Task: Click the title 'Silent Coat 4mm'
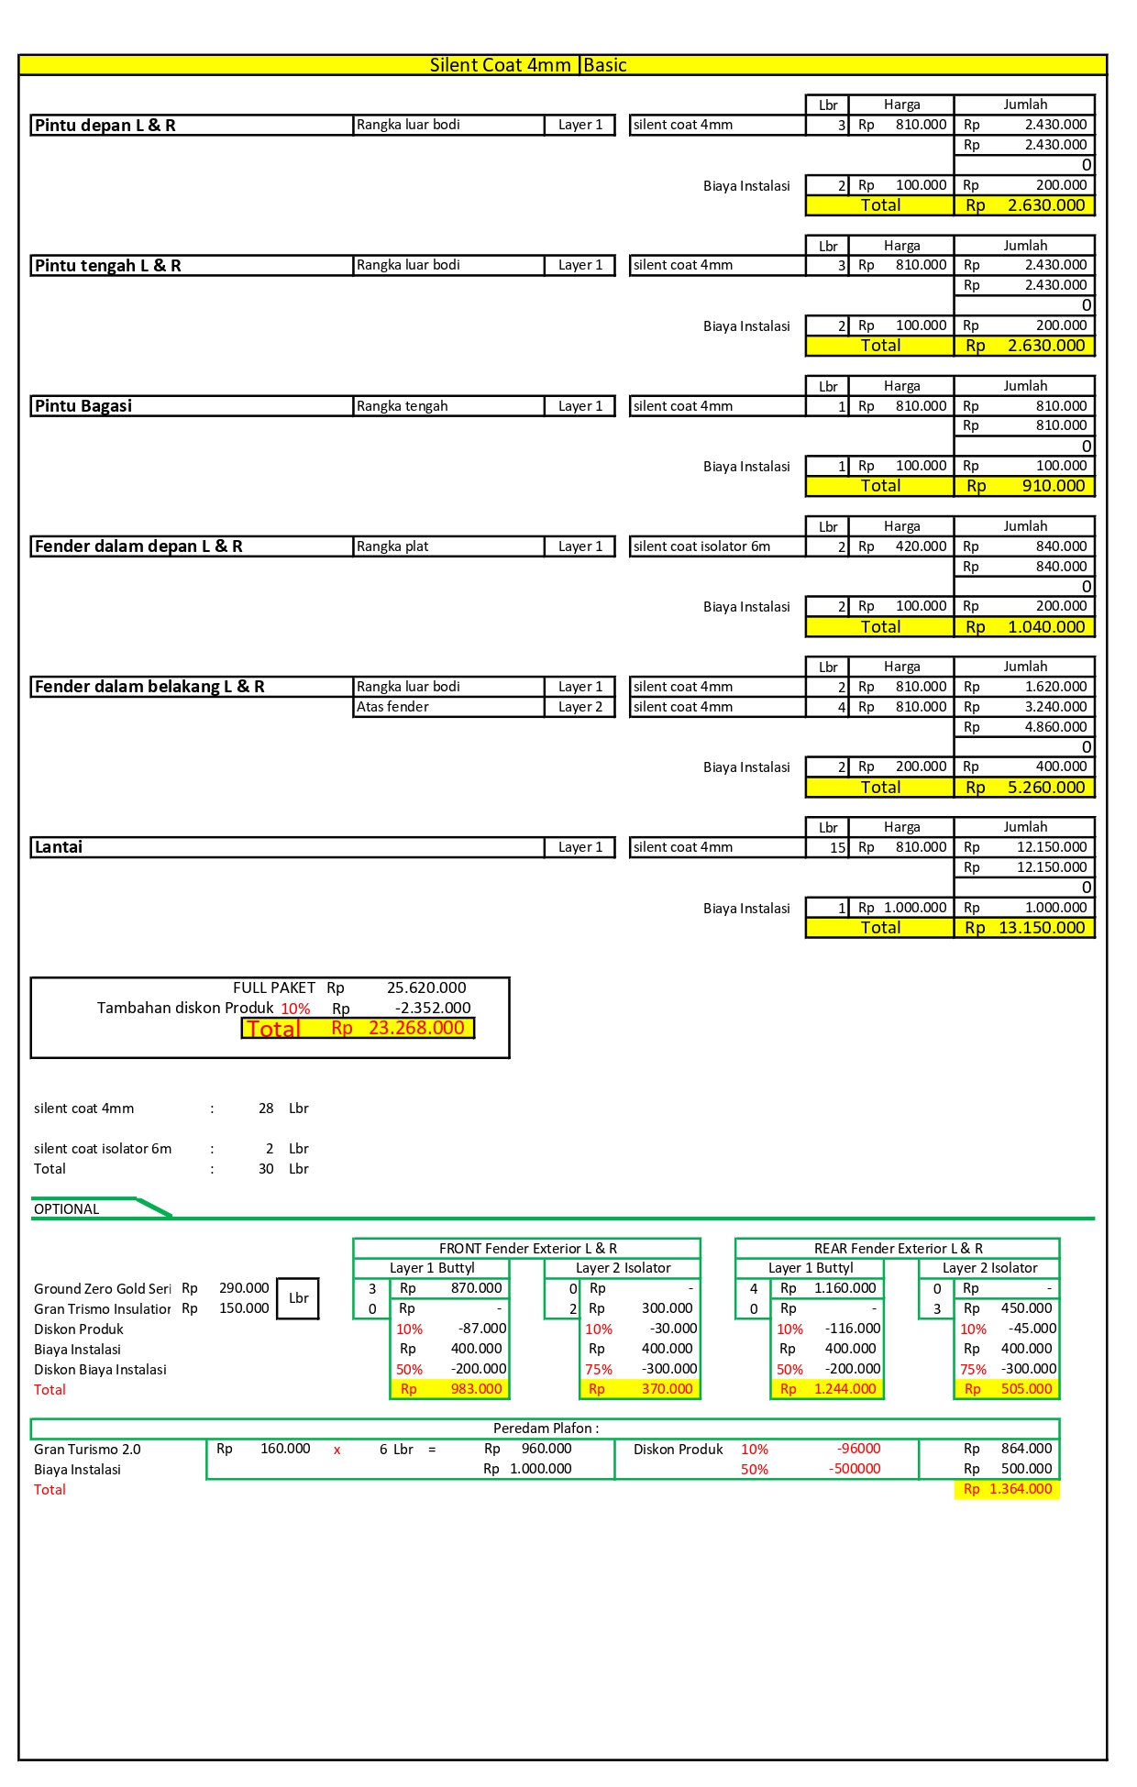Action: pos(500,65)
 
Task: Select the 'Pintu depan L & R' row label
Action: pos(105,126)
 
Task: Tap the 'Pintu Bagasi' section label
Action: pos(83,406)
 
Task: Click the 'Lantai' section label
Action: pos(59,847)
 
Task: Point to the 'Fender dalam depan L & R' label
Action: pos(138,546)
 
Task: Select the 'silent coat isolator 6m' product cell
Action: pos(701,546)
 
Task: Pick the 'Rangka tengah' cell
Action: pos(402,406)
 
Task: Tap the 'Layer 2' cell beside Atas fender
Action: pos(580,707)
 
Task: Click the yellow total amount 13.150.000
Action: pos(1041,928)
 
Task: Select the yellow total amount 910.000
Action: pos(1053,486)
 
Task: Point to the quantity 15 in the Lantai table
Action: pos(837,848)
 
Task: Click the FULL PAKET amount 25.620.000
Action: pos(426,987)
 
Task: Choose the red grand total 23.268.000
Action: pos(416,1028)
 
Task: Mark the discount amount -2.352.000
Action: pos(433,1008)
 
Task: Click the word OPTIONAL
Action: pos(67,1209)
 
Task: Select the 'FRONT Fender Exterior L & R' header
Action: pos(527,1248)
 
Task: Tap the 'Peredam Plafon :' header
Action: pos(546,1428)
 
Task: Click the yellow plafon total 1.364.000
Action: pos(1020,1489)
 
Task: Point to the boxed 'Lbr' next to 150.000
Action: pos(298,1298)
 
